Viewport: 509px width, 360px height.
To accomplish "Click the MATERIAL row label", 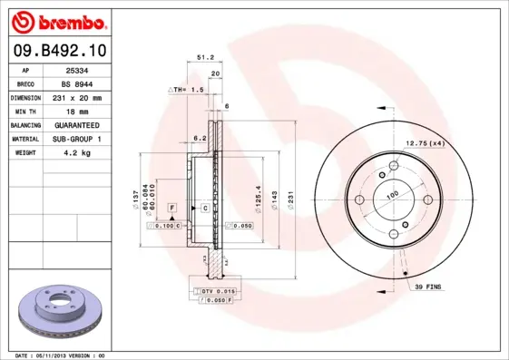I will (x=25, y=139).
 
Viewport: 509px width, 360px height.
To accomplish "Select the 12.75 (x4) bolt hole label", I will (x=424, y=143).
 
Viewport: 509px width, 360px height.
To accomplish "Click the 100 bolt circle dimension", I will (x=393, y=194).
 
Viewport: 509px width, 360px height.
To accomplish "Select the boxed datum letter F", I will (x=170, y=209).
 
